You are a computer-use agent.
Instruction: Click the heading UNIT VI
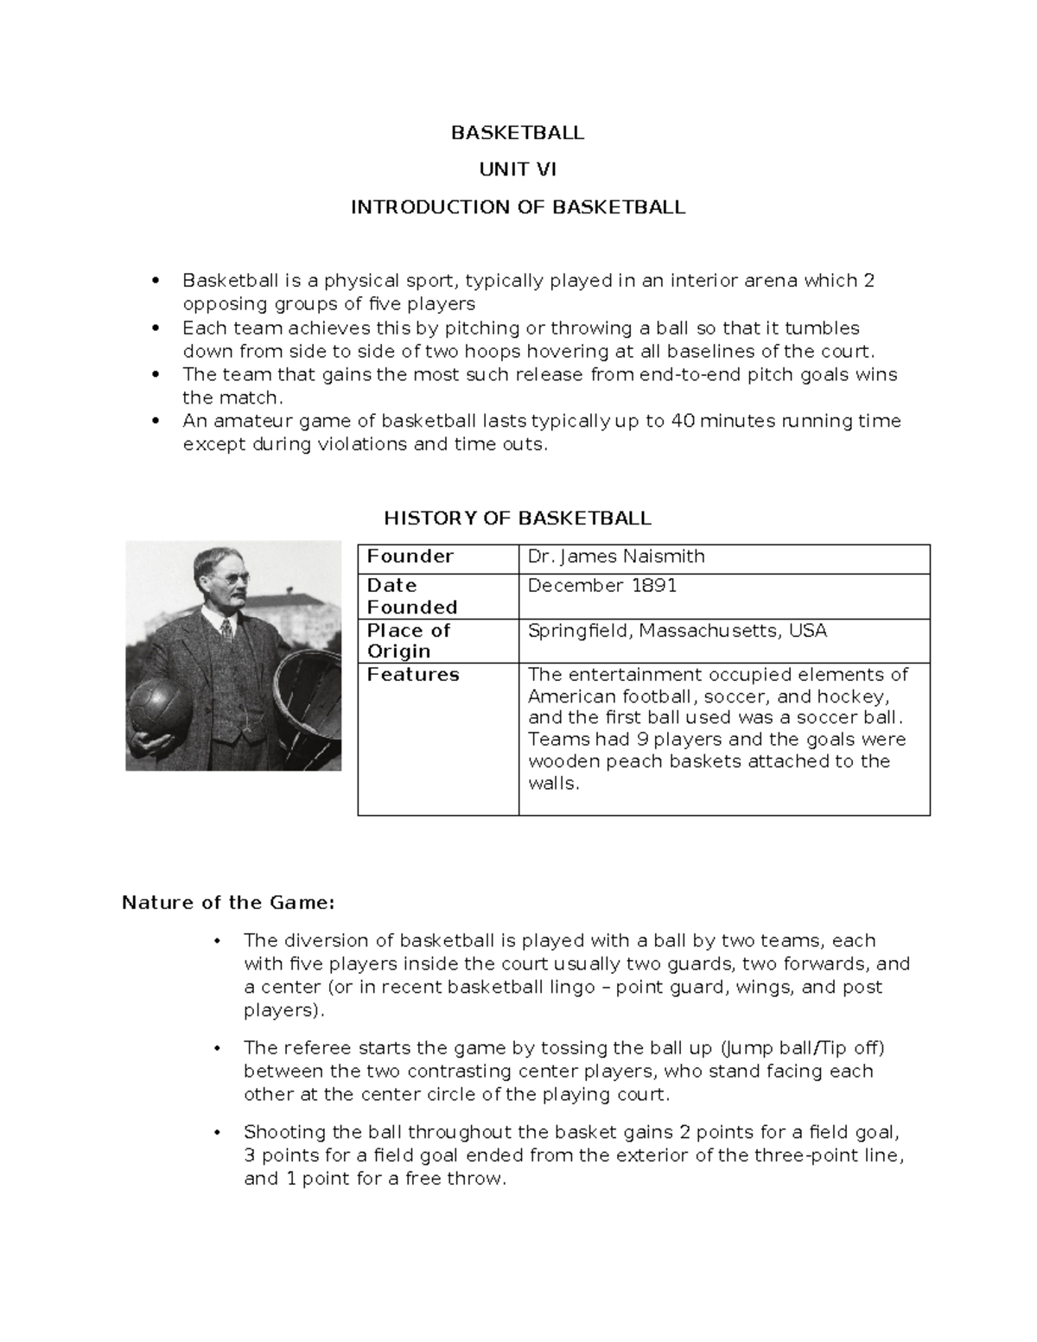[x=518, y=169]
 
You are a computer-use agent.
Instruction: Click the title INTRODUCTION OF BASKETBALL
[x=518, y=207]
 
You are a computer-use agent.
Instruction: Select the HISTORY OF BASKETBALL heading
[x=517, y=518]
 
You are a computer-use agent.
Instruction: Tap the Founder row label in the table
[x=410, y=557]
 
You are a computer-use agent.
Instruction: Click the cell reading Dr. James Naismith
[x=616, y=557]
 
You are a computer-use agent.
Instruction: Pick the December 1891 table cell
[x=601, y=586]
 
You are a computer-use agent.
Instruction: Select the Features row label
[x=413, y=675]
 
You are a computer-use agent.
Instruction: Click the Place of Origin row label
[x=409, y=640]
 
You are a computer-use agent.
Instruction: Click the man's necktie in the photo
[x=226, y=626]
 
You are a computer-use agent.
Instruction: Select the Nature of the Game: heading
[x=227, y=903]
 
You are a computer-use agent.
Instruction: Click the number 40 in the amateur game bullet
[x=682, y=422]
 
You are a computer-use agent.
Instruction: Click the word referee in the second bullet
[x=317, y=1048]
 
